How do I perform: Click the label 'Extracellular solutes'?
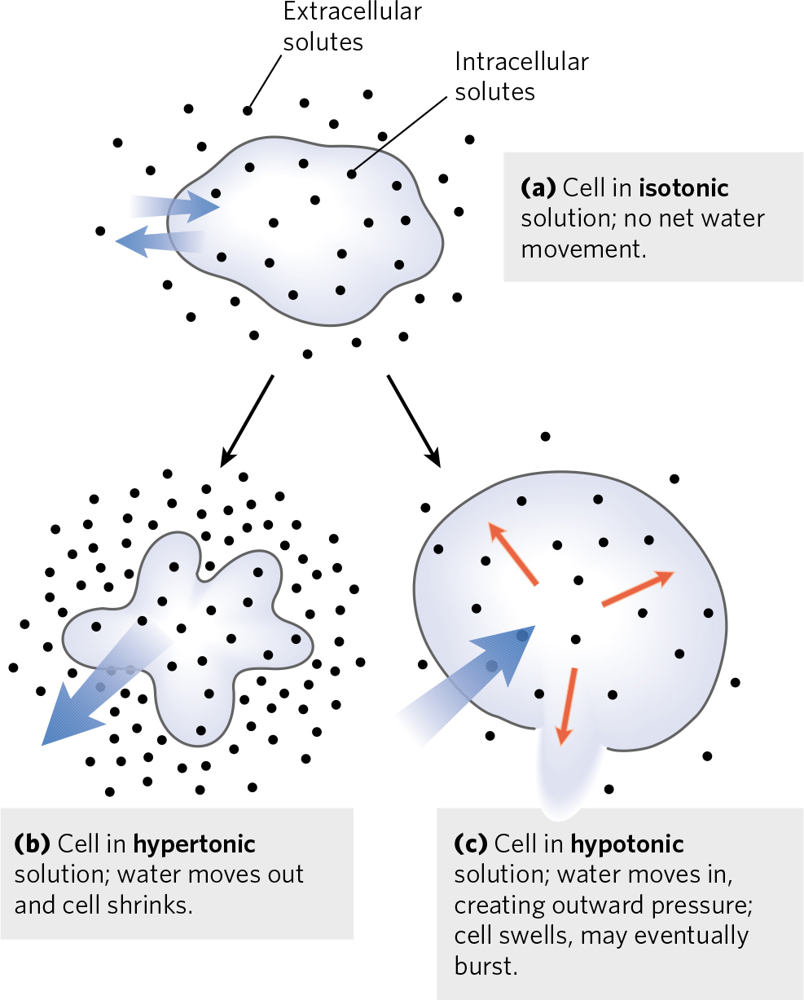coord(352,26)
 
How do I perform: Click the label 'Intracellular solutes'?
coord(521,76)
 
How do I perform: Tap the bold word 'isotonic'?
coord(683,188)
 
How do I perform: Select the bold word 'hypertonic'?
coord(194,844)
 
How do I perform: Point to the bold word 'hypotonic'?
coord(627,844)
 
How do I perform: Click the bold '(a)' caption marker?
coord(538,188)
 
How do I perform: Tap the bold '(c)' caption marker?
coord(470,844)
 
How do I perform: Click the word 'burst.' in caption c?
coord(485,967)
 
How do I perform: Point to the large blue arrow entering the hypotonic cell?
coord(472,681)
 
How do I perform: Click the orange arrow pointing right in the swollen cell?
coord(638,588)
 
